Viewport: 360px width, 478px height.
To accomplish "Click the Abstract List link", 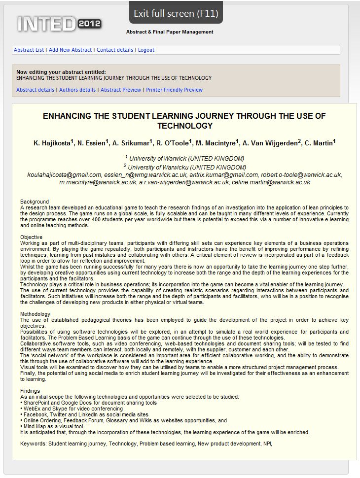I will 29,50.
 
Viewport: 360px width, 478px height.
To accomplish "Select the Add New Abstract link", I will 70,50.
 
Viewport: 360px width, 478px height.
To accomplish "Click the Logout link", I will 146,50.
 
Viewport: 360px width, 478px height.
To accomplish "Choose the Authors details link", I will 77,90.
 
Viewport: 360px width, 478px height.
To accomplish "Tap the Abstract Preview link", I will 121,90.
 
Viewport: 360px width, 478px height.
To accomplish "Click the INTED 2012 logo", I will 59,23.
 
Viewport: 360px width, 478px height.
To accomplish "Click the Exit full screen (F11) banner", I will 176,13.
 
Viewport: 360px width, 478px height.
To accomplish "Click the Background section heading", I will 35,202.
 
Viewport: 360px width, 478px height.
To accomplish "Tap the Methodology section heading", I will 36,314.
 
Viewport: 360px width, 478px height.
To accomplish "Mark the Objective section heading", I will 32,237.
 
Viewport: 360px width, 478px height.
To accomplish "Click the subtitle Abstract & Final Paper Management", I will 170,32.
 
